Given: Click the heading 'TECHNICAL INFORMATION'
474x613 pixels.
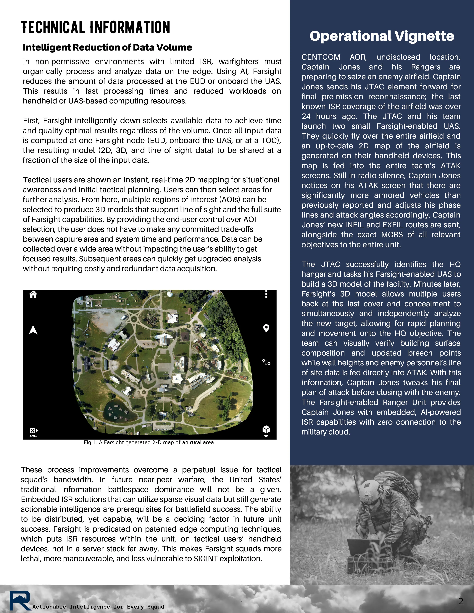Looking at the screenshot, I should tap(96, 27).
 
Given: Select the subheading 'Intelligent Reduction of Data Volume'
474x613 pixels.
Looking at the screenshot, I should tap(107, 47).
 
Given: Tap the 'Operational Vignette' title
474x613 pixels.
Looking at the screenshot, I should tap(382, 36).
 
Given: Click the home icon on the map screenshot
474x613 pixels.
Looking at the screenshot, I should tap(33, 294).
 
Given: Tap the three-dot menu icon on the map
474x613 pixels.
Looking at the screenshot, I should tap(266, 294).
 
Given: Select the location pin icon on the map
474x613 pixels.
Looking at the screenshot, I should tap(266, 328).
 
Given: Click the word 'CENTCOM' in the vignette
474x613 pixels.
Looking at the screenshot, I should tap(321, 57).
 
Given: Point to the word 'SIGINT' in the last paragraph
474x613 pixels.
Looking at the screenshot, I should tap(206, 559).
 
